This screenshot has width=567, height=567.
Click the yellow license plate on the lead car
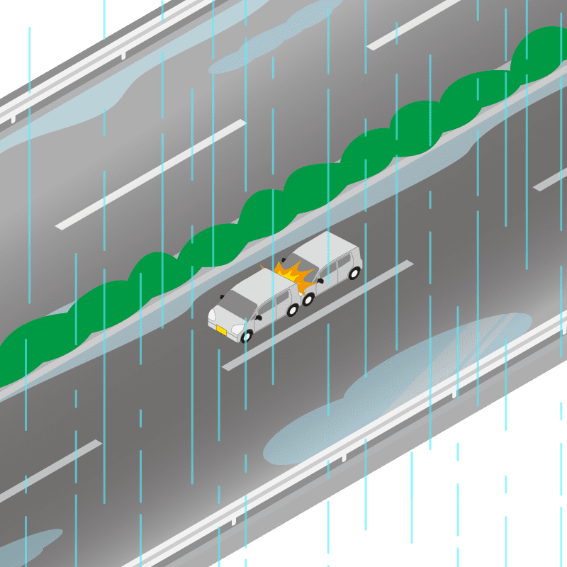coord(222,330)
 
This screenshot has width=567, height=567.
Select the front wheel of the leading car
coord(247,335)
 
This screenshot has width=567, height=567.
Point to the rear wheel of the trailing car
coord(353,273)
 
